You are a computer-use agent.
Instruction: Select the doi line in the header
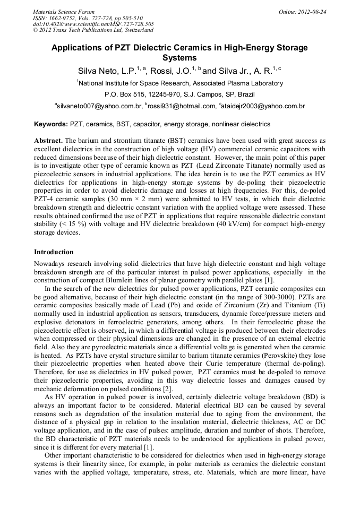point(93,24)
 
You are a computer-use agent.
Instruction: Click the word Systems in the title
point(179,57)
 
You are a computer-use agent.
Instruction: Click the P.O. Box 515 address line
point(179,94)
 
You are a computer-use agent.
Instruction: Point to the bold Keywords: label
point(51,124)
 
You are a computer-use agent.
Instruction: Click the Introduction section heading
point(54,252)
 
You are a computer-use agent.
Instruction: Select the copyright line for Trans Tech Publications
point(93,30)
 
